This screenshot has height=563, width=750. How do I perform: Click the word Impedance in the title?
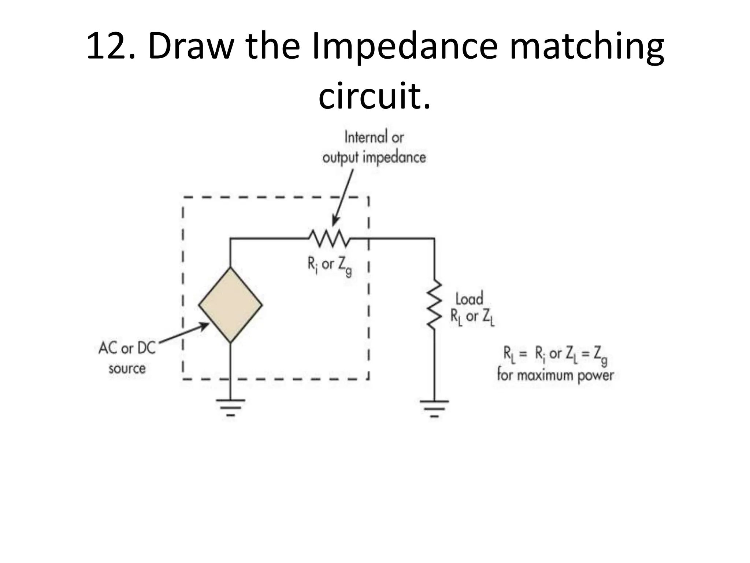point(405,47)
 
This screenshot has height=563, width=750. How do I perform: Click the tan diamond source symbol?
point(230,305)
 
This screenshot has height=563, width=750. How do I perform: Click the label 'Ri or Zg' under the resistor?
point(329,266)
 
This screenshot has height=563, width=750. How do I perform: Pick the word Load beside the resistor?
point(469,299)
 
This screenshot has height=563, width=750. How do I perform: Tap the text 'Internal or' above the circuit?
point(374,137)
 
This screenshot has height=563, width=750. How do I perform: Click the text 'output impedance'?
point(374,158)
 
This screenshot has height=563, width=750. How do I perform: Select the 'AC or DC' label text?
point(127,348)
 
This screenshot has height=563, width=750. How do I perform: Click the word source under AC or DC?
point(127,368)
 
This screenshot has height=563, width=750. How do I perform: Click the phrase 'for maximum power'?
point(555,375)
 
